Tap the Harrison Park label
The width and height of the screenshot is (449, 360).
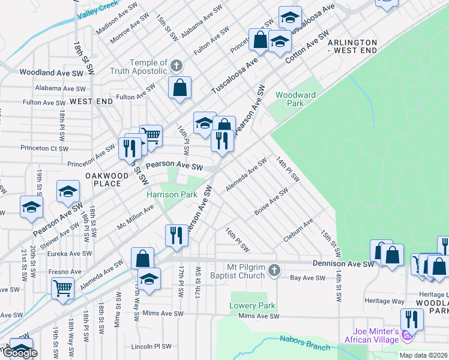point(172,195)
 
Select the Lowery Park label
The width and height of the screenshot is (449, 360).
point(252,305)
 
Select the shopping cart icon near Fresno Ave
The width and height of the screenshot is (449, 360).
point(62,287)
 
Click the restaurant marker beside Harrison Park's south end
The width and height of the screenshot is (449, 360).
point(176,234)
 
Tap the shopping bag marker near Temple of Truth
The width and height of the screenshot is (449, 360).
point(179,88)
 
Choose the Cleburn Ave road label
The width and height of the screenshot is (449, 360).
point(298,231)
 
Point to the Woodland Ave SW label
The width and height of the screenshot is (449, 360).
point(51,73)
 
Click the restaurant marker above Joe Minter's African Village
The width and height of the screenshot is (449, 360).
point(411,319)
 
